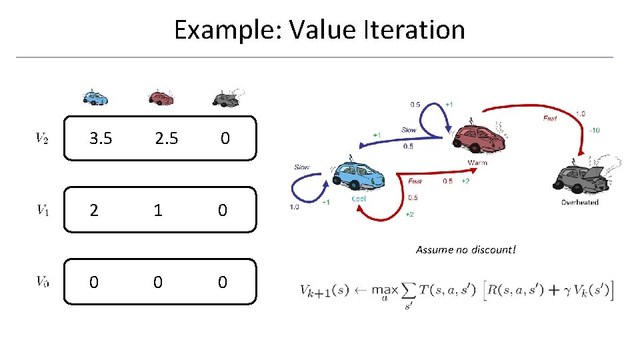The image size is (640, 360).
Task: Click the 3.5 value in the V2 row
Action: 101,138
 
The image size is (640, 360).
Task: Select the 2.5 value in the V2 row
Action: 166,138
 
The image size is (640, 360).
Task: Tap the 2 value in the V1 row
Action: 94,210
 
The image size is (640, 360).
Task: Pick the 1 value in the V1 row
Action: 157,210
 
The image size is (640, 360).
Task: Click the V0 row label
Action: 42,282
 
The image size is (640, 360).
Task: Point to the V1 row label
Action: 42,211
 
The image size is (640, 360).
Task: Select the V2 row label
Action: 42,139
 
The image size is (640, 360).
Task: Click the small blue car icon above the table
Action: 95,97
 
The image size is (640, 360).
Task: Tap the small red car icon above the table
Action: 161,97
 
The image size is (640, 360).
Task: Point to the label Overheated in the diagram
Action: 579,202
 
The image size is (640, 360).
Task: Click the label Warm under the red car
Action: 477,162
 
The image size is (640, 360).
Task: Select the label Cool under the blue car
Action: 359,199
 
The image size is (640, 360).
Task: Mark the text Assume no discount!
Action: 466,250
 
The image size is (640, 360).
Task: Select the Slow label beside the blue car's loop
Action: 302,167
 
